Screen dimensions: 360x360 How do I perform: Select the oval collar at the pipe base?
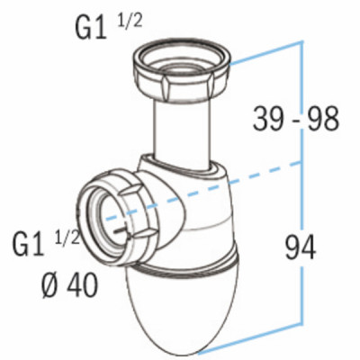pos(184,168)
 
